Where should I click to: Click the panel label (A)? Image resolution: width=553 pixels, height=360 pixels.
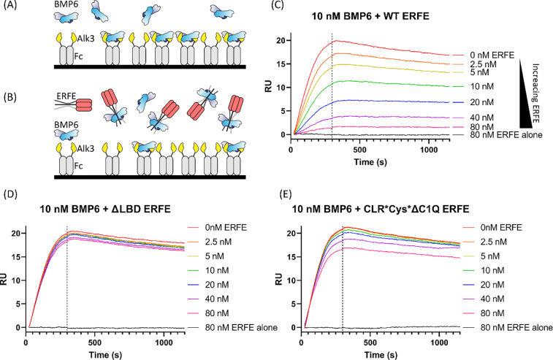(9, 7)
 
